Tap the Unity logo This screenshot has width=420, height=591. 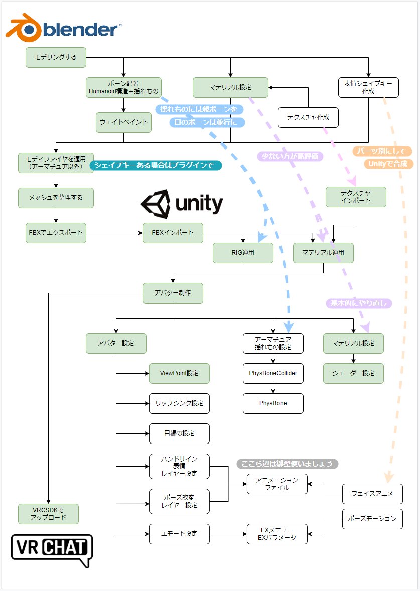point(181,204)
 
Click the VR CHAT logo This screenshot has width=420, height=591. point(52,549)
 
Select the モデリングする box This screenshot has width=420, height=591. point(56,57)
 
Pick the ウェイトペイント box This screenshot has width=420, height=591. point(123,122)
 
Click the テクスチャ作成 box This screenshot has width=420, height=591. point(308,117)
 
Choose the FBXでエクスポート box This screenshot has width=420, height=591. point(56,233)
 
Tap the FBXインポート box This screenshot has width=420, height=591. point(173,233)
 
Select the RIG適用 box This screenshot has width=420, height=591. point(243,253)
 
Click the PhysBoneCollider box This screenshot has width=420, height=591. point(273,373)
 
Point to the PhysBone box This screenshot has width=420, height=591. point(273,403)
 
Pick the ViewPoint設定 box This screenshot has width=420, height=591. point(179,373)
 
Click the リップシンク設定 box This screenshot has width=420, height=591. point(179,403)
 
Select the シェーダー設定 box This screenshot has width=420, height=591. point(353,373)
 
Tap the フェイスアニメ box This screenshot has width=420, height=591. point(373,494)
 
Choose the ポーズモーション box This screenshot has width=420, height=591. point(373,519)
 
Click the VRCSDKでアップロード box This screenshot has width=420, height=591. point(49,514)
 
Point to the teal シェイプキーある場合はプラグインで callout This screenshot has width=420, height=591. point(156,165)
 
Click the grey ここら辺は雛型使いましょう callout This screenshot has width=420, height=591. point(288,463)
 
